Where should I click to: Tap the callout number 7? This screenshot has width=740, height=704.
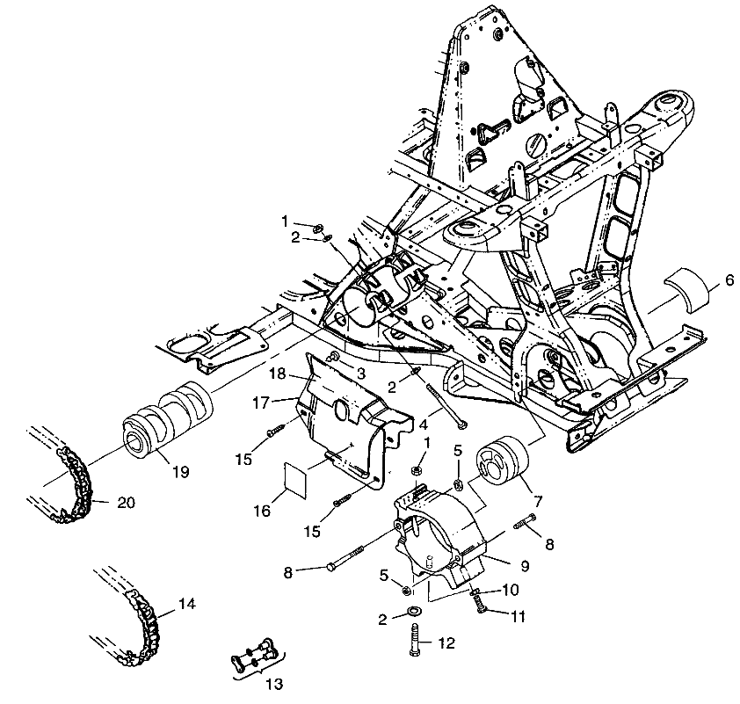click(x=537, y=500)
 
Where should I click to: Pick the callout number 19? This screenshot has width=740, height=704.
click(x=179, y=472)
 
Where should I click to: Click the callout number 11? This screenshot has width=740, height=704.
click(x=518, y=617)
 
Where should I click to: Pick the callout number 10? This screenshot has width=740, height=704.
click(x=511, y=589)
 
